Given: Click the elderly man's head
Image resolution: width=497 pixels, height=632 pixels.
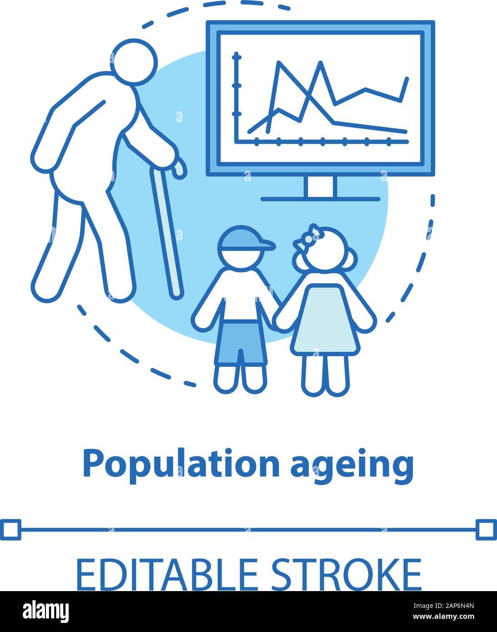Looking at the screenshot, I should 134,62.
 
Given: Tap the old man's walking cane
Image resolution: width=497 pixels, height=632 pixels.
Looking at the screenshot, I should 166,227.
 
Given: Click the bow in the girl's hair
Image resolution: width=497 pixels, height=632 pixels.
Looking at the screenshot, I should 308,237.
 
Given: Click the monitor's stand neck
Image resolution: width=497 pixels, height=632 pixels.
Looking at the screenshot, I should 320,187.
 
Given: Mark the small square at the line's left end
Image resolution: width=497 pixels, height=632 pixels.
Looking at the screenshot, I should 10,530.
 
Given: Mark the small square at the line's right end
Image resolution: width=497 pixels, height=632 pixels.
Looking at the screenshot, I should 486,530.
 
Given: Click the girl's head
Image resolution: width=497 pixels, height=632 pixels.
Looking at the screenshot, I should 325,252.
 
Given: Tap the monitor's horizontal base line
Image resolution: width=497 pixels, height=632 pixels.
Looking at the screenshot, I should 320,199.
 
